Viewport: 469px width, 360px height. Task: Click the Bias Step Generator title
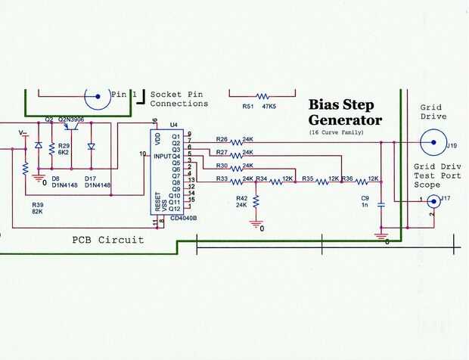[x=345, y=112]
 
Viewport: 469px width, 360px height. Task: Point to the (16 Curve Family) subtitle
[x=336, y=132]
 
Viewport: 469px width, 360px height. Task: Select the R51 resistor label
[x=247, y=107]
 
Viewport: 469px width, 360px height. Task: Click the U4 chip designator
[x=174, y=124]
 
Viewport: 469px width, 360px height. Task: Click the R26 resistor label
[x=222, y=139]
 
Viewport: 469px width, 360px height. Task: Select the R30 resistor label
[x=222, y=165]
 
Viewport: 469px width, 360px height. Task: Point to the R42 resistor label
[x=242, y=197]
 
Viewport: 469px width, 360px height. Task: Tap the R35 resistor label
[x=308, y=178]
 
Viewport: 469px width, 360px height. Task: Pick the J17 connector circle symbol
[x=433, y=200]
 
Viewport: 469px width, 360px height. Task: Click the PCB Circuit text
[x=108, y=240]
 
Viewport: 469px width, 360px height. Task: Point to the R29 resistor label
[x=64, y=144]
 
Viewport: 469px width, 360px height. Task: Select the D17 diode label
[x=90, y=178]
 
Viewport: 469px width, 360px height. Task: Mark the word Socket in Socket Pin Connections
[x=166, y=95]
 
